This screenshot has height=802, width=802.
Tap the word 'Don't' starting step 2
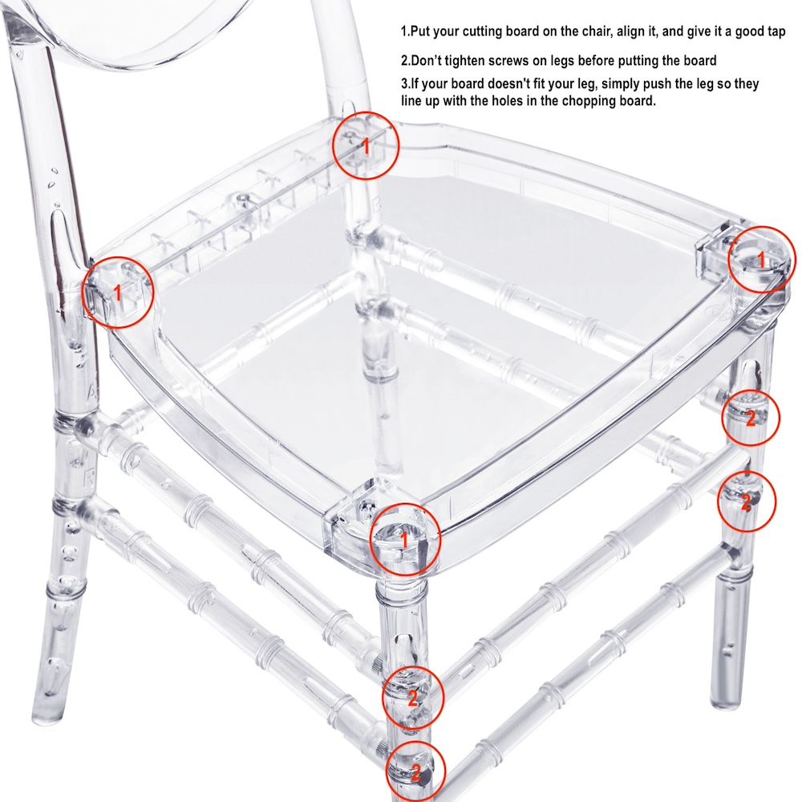click(426, 61)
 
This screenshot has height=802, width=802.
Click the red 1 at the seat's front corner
click(404, 540)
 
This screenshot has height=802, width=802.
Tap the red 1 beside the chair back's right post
click(366, 146)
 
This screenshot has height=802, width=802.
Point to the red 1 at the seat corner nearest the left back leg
click(118, 293)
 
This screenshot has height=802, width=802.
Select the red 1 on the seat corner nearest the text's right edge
click(761, 260)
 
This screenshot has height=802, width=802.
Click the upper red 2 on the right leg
click(751, 419)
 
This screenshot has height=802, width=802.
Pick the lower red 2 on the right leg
click(746, 502)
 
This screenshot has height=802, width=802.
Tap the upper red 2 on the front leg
click(412, 698)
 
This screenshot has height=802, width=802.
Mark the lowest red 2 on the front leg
click(415, 772)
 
